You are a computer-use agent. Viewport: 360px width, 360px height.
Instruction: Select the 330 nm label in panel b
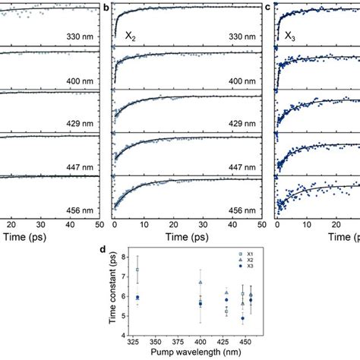(x=249, y=36)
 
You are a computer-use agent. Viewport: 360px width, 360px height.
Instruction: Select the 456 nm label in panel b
(x=249, y=210)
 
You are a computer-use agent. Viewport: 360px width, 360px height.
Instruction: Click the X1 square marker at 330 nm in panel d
(x=137, y=270)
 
